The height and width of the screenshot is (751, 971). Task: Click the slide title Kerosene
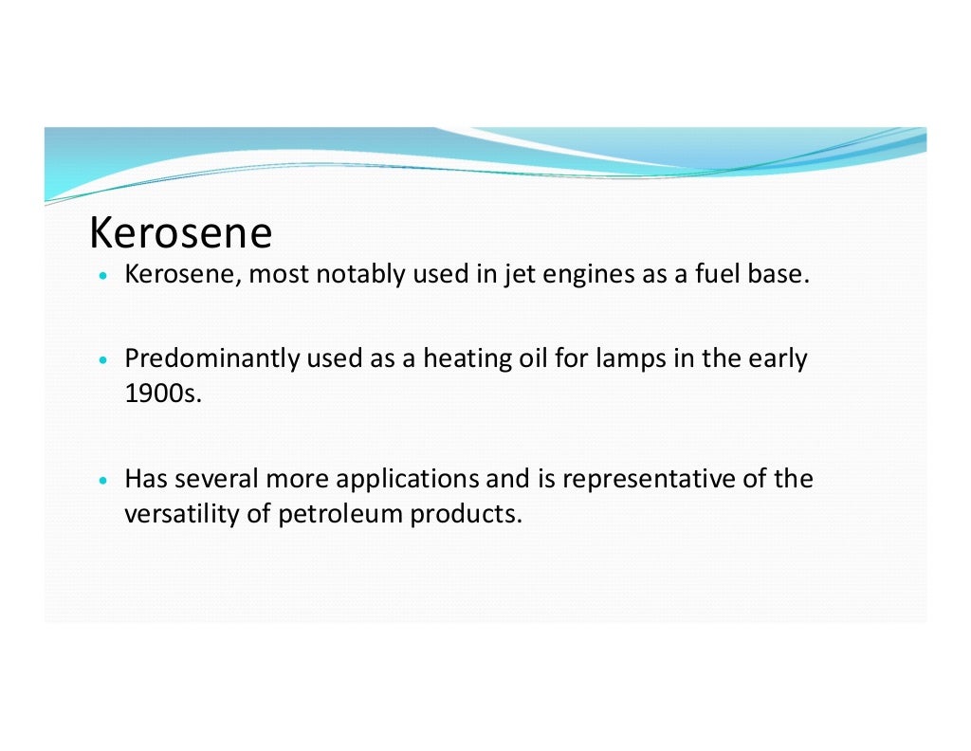coord(179,233)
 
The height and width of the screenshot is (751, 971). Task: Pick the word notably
coord(359,276)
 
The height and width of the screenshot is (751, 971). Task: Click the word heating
coord(463,361)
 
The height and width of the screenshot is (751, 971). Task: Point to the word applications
coord(409,480)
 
